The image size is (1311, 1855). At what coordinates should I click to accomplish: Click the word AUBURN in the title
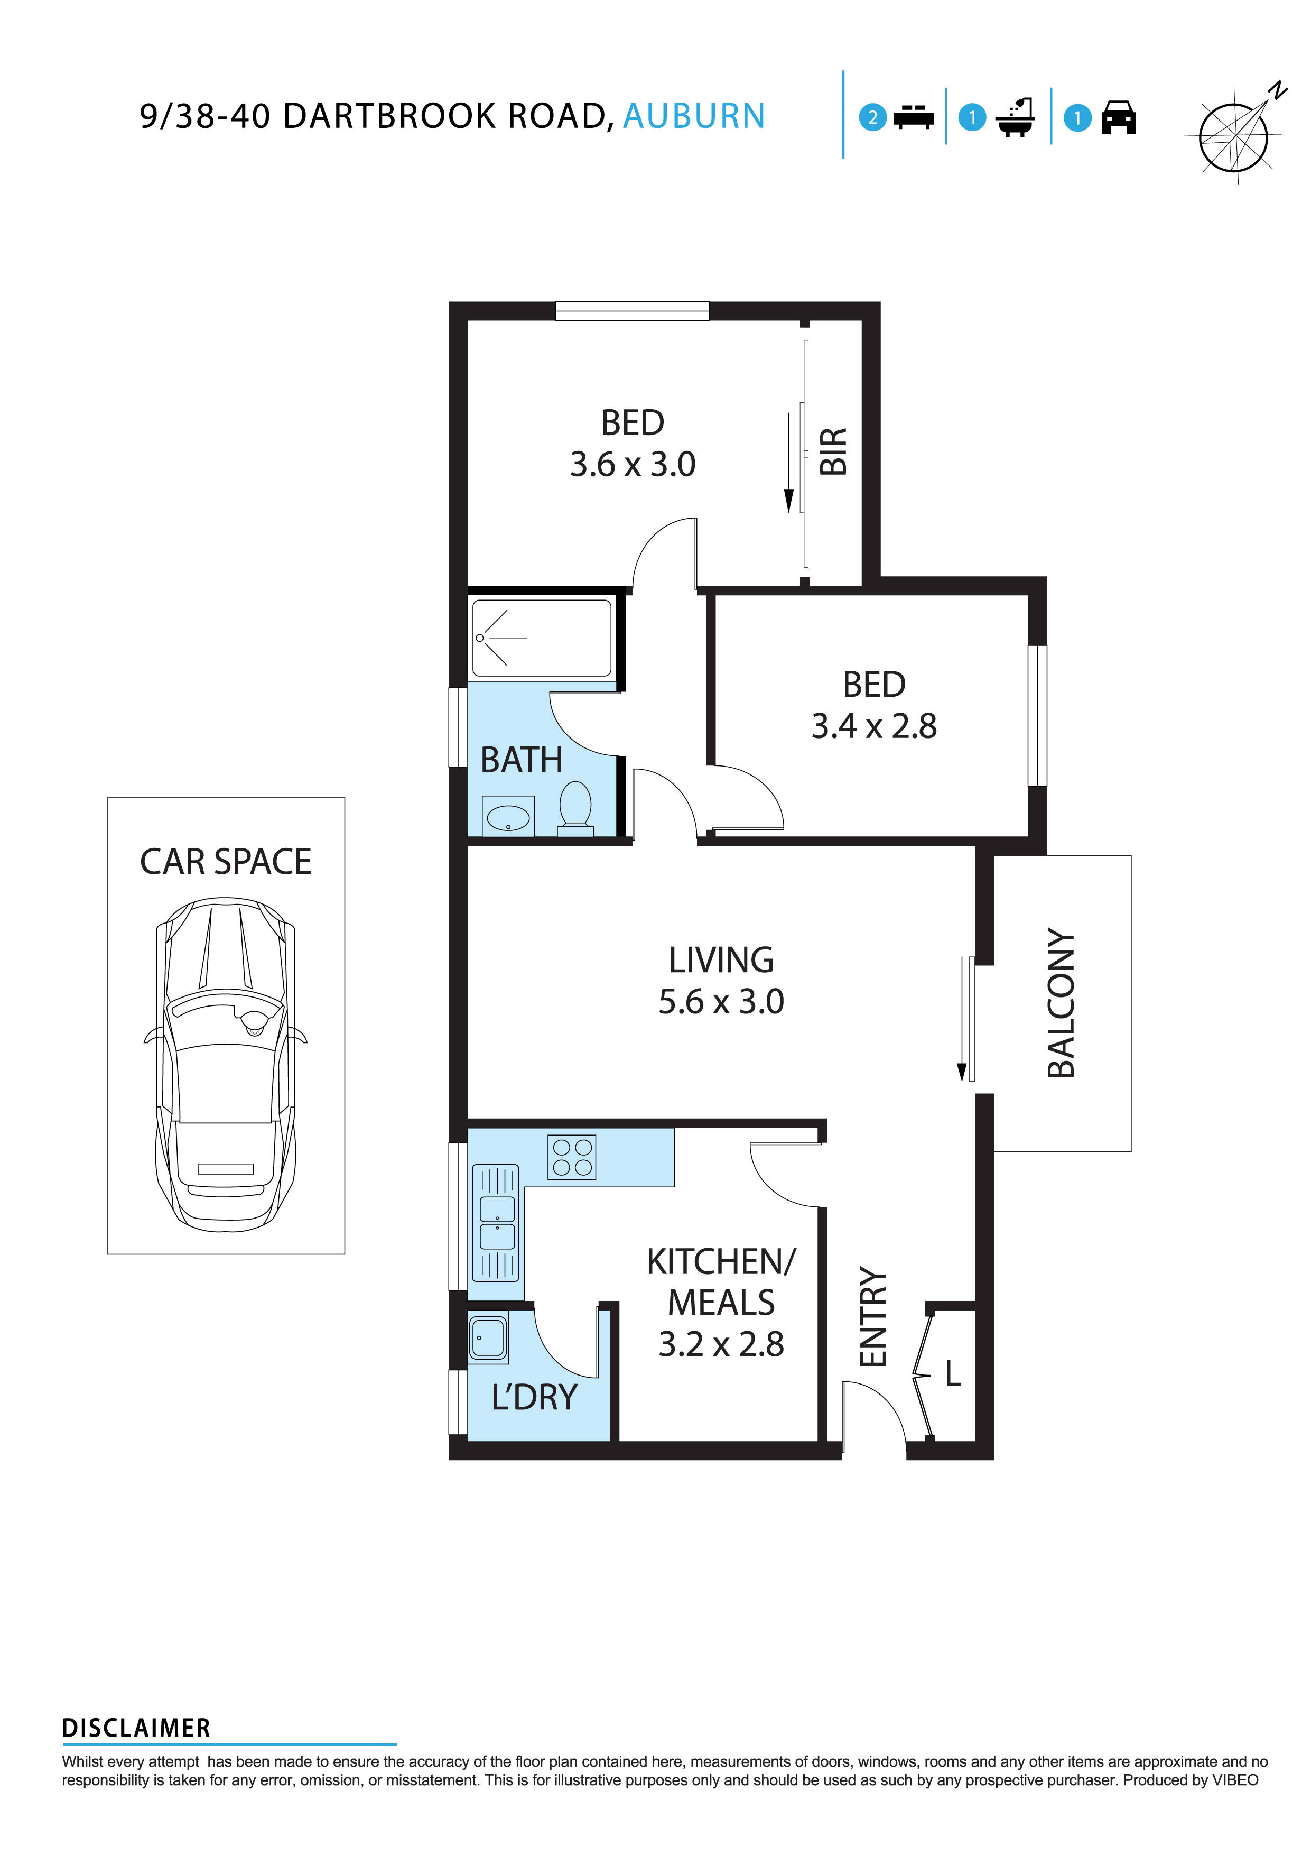[693, 116]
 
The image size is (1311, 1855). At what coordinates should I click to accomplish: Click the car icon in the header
[1118, 118]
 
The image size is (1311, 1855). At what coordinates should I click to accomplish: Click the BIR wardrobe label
[834, 451]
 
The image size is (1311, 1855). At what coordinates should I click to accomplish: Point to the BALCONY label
[1061, 1003]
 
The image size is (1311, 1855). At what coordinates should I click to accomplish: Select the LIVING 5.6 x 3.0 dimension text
[721, 1002]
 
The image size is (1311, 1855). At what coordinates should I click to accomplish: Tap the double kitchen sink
[496, 1222]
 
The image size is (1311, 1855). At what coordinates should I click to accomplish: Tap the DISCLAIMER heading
[136, 1728]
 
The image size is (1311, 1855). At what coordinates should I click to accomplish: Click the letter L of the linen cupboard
[953, 1373]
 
